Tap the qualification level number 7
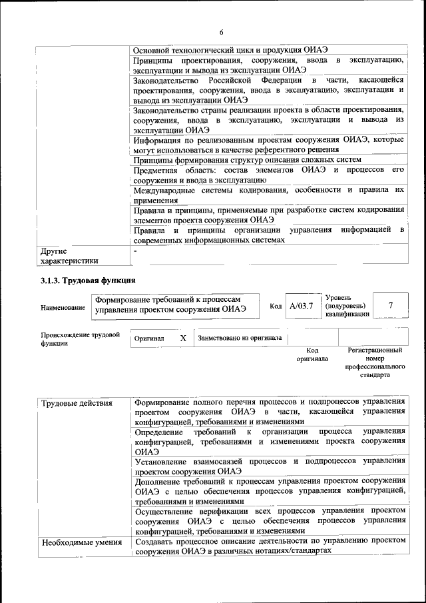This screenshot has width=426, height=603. point(390,305)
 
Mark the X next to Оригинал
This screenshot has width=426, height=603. point(182,338)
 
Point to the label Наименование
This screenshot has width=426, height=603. point(63,308)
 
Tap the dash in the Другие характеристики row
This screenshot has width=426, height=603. point(135,251)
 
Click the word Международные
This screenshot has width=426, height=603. point(166,190)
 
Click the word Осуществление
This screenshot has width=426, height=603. point(166,510)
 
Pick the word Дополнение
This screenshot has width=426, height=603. point(162,480)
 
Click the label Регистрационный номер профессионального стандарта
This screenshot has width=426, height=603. point(375,362)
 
